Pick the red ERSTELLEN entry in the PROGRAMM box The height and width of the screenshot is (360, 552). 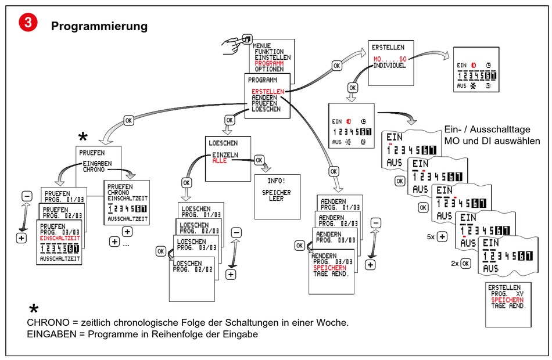coord(268,92)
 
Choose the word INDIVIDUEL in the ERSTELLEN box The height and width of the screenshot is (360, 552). coord(389,66)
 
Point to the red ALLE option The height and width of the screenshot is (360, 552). coord(219,160)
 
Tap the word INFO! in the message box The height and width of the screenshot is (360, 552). coord(276,181)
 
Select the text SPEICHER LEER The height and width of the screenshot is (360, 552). coord(276,195)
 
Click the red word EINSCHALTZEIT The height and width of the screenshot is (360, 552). coord(59,237)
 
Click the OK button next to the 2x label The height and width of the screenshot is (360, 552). coord(465,263)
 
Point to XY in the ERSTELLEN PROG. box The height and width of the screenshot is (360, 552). coord(519,294)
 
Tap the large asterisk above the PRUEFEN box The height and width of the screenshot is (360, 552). coord(83,137)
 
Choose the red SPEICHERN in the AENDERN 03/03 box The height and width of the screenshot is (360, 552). coord(329,268)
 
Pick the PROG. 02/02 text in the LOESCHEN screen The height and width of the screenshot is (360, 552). coord(195,271)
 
